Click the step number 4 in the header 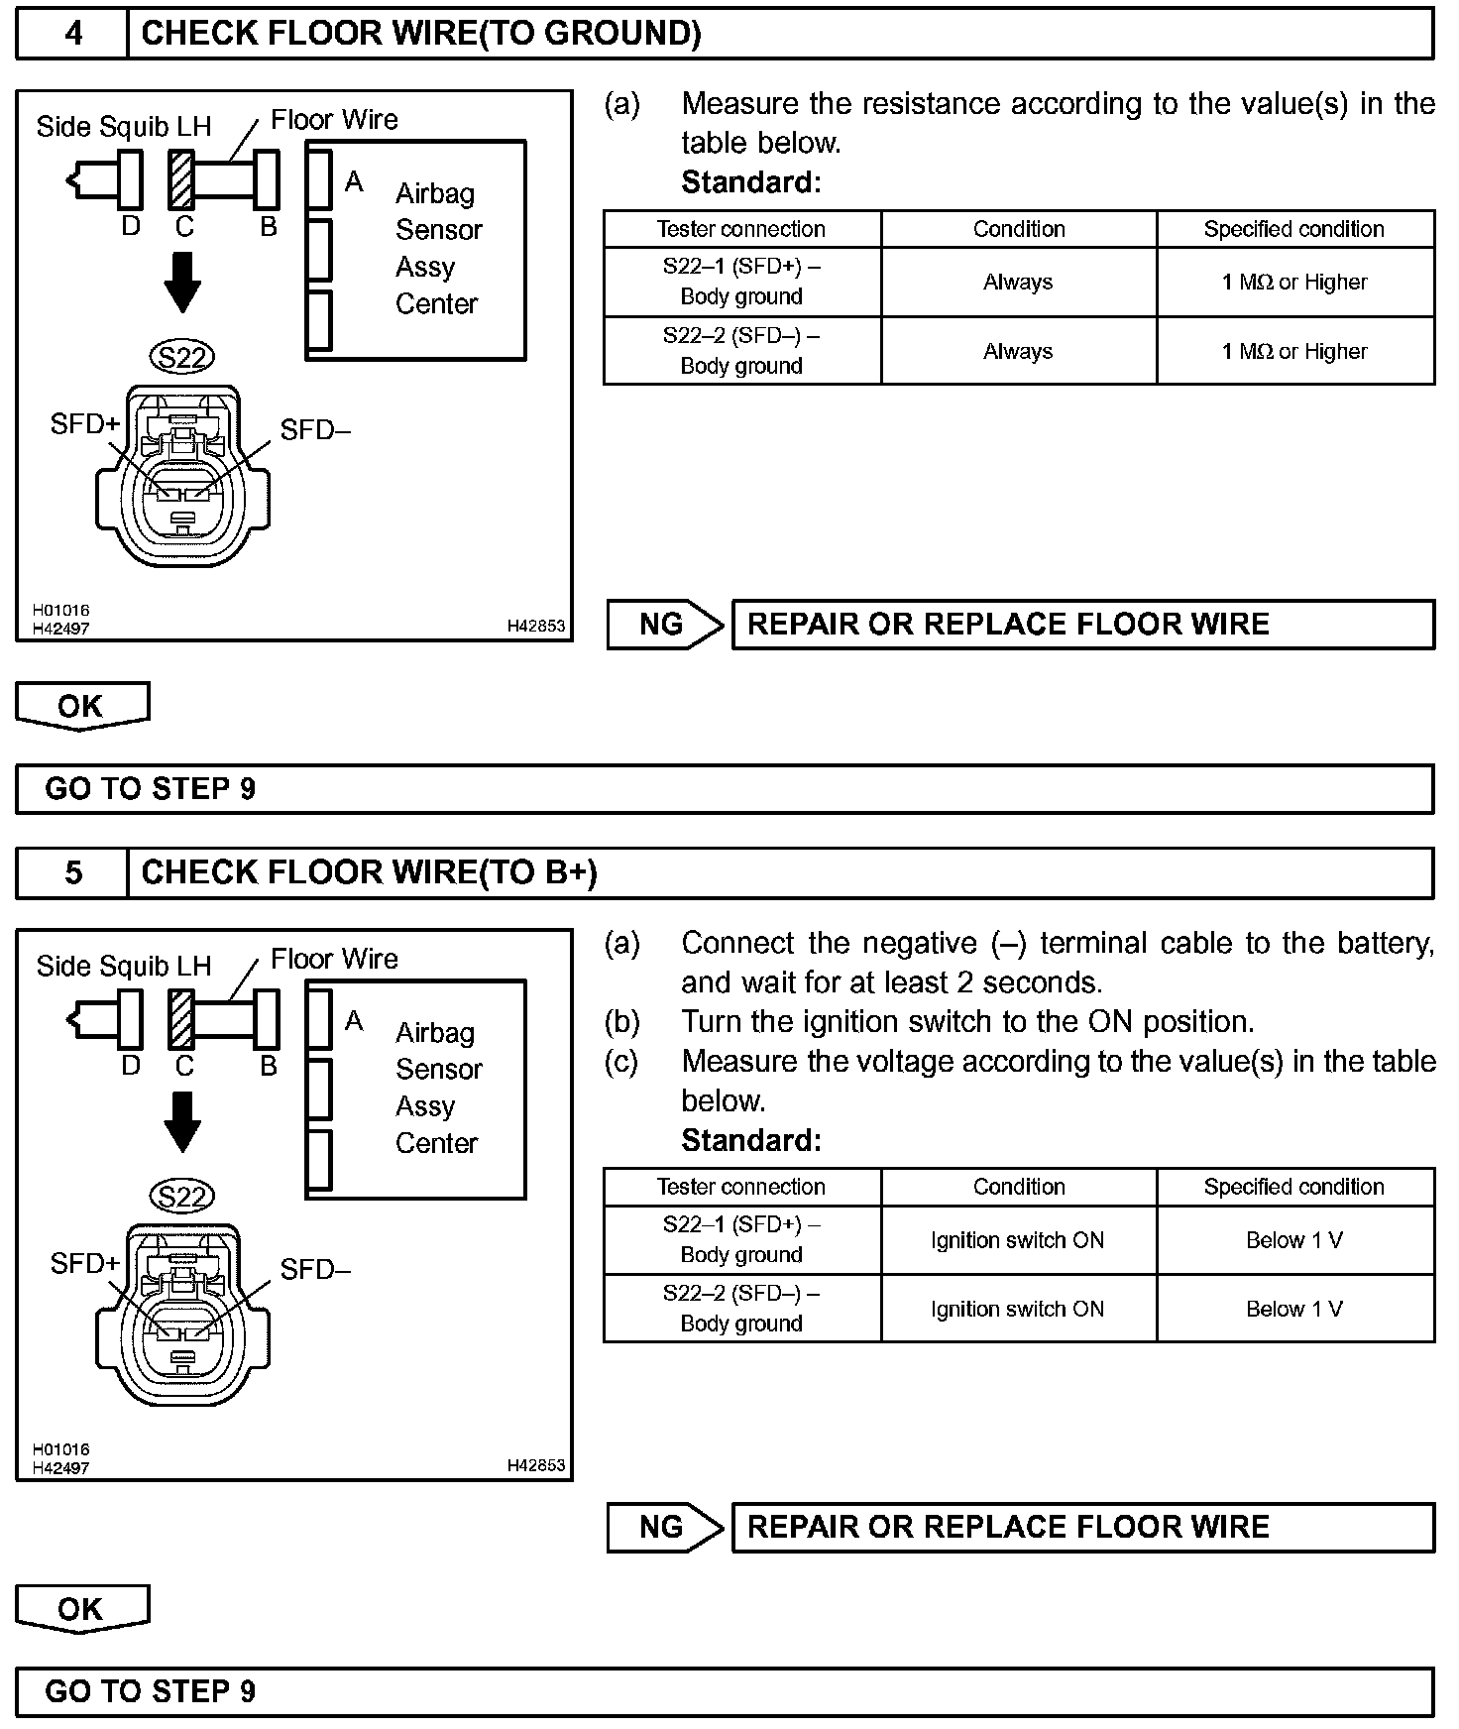(73, 34)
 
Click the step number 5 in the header (73, 872)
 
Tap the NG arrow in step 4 (664, 625)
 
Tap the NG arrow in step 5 (664, 1527)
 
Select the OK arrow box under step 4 (81, 706)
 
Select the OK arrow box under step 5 (81, 1608)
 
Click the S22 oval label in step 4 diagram (182, 357)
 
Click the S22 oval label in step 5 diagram (182, 1197)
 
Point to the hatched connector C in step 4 (181, 179)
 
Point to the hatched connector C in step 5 (181, 1019)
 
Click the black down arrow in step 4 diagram (182, 283)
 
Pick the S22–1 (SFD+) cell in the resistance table (741, 282)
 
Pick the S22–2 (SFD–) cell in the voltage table (741, 1309)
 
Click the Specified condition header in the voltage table (1294, 1187)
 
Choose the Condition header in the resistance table (1019, 229)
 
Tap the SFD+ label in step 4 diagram (84, 424)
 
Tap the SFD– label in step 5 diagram (315, 1270)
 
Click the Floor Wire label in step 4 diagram (334, 120)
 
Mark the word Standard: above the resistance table (751, 182)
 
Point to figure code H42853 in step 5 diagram (535, 1465)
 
